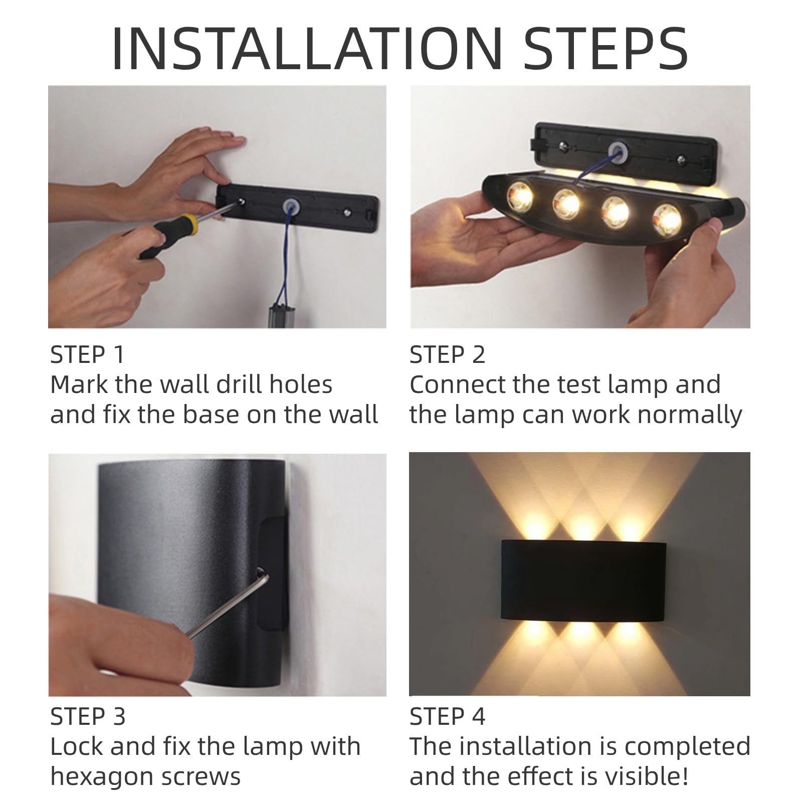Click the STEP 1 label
tap(87, 355)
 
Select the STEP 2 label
tap(447, 355)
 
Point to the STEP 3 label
tap(88, 717)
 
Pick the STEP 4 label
tap(448, 717)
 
